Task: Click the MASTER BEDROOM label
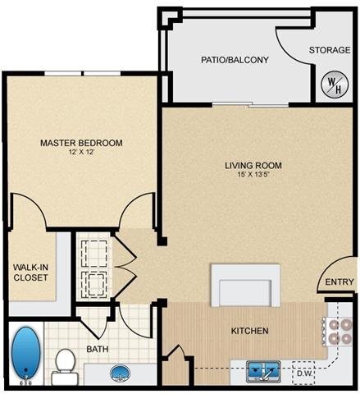coord(81,143)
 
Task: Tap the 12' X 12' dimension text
coord(81,153)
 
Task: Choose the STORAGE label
coord(330,50)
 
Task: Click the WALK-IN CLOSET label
coord(30,272)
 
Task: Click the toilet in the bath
coord(64,366)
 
